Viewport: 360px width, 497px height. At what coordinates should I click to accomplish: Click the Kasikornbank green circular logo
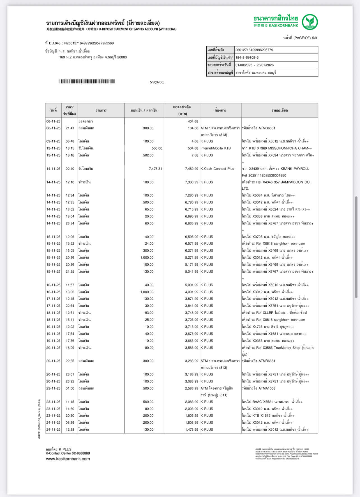click(x=310, y=22)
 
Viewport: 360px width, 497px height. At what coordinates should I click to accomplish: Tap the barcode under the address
click(x=87, y=82)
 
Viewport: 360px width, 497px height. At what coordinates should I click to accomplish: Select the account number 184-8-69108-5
click(x=247, y=57)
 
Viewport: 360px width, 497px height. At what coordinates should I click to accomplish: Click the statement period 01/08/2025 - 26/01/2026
click(x=254, y=65)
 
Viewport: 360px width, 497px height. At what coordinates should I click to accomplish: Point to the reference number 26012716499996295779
click(x=254, y=50)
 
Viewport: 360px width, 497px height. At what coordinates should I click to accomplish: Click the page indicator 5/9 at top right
click(x=314, y=38)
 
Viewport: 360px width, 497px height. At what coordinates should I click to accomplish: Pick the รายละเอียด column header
click(x=279, y=110)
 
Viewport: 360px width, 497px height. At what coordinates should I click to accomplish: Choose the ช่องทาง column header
click(x=220, y=110)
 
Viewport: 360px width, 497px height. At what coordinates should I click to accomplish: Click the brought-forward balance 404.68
click(x=193, y=121)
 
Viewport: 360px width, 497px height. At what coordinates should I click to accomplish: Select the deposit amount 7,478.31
click(x=155, y=169)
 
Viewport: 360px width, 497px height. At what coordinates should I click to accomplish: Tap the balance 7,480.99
click(x=191, y=169)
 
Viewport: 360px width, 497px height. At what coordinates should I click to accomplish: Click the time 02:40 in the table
click(x=70, y=169)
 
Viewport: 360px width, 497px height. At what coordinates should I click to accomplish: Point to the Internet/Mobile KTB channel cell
click(x=215, y=148)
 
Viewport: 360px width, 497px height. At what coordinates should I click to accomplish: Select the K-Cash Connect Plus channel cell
click(x=217, y=169)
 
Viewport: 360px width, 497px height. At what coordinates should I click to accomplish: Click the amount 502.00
click(x=148, y=155)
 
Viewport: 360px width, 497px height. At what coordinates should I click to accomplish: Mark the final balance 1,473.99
click(x=191, y=429)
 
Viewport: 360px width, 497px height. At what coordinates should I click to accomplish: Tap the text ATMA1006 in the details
click(x=267, y=388)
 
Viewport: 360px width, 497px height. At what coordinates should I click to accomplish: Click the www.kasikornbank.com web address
click(x=68, y=459)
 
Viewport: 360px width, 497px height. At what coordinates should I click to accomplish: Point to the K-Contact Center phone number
click(x=81, y=453)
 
